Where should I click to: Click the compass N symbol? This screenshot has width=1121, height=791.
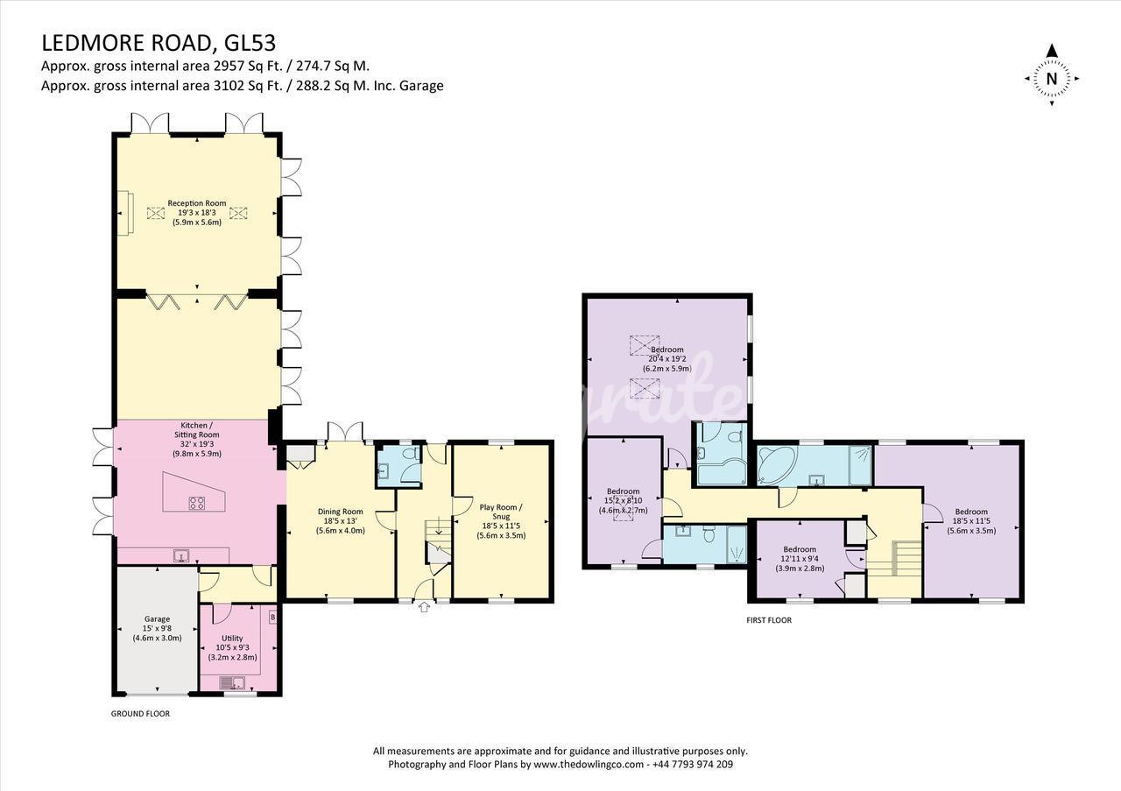1052,79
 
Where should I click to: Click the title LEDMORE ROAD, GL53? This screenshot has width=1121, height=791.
159,44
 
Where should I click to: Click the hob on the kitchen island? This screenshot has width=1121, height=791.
196,503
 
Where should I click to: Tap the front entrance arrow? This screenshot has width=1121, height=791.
424,607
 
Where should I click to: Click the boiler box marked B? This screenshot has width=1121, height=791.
272,618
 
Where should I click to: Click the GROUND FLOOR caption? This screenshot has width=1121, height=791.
140,714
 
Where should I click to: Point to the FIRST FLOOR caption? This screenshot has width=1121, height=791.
769,620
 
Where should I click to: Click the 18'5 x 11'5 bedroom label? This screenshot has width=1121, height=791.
971,520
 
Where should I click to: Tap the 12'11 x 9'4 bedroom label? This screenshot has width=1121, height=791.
800,559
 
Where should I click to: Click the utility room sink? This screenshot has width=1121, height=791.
232,682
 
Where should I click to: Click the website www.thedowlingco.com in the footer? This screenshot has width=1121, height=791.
589,764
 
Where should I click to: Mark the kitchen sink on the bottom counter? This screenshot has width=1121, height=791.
180,555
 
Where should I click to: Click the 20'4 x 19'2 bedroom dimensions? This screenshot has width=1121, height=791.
667,359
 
